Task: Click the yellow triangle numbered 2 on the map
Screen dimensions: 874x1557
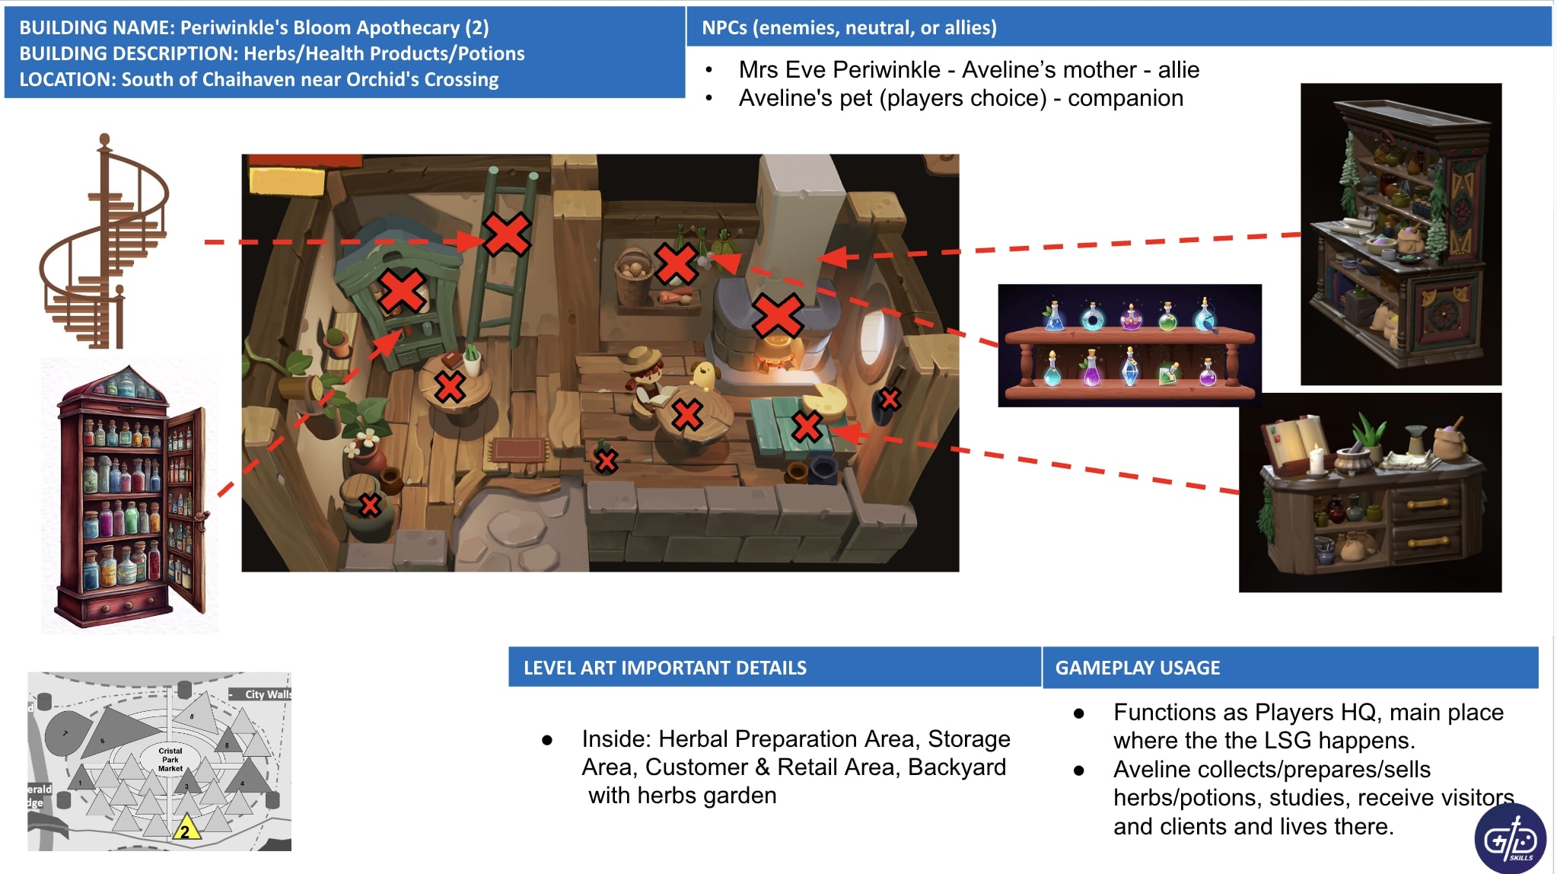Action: pos(186,829)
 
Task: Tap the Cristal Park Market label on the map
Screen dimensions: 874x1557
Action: pos(170,759)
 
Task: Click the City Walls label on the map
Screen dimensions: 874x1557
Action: pos(266,694)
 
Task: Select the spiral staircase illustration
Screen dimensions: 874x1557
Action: pos(105,244)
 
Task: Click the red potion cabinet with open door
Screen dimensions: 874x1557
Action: pos(129,499)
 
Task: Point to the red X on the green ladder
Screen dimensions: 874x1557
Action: pos(507,234)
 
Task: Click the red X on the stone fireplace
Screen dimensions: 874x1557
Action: pos(777,314)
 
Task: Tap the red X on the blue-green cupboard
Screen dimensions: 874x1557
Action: pos(402,291)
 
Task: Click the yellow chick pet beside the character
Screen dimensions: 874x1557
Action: pos(703,374)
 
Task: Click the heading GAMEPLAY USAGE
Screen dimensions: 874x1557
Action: pos(1137,668)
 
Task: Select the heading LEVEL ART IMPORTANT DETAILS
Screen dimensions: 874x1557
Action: pos(664,668)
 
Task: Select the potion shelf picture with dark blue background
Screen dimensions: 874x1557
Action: pos(1129,345)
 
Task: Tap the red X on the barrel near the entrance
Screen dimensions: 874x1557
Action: pos(370,505)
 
